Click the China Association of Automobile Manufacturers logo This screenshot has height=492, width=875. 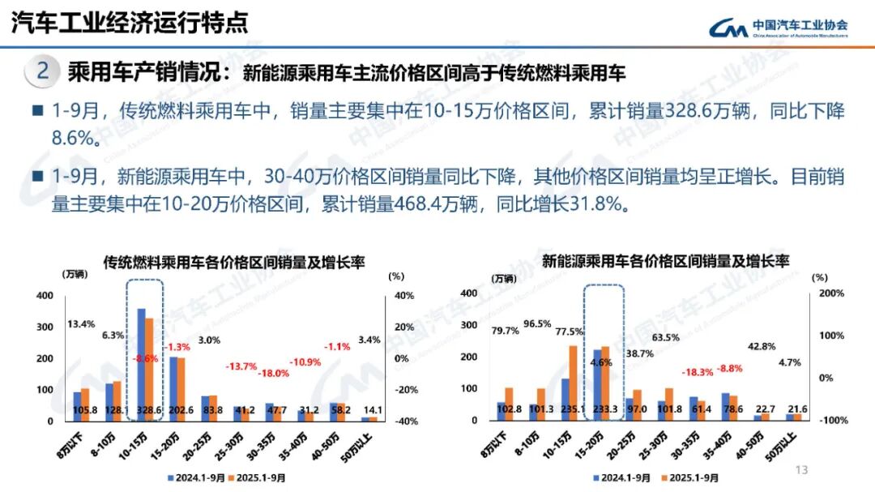[x=779, y=28]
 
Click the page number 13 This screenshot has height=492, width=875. [x=803, y=470]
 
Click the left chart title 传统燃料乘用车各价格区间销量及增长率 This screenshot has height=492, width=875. [x=234, y=263]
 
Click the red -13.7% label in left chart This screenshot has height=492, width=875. [x=241, y=366]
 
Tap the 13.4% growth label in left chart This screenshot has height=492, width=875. [x=82, y=325]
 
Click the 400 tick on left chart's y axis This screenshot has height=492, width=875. [x=44, y=296]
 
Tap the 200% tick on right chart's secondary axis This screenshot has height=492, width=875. [x=832, y=293]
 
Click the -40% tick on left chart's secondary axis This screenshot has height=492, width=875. [x=395, y=421]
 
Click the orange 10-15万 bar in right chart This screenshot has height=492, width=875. [x=574, y=382]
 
